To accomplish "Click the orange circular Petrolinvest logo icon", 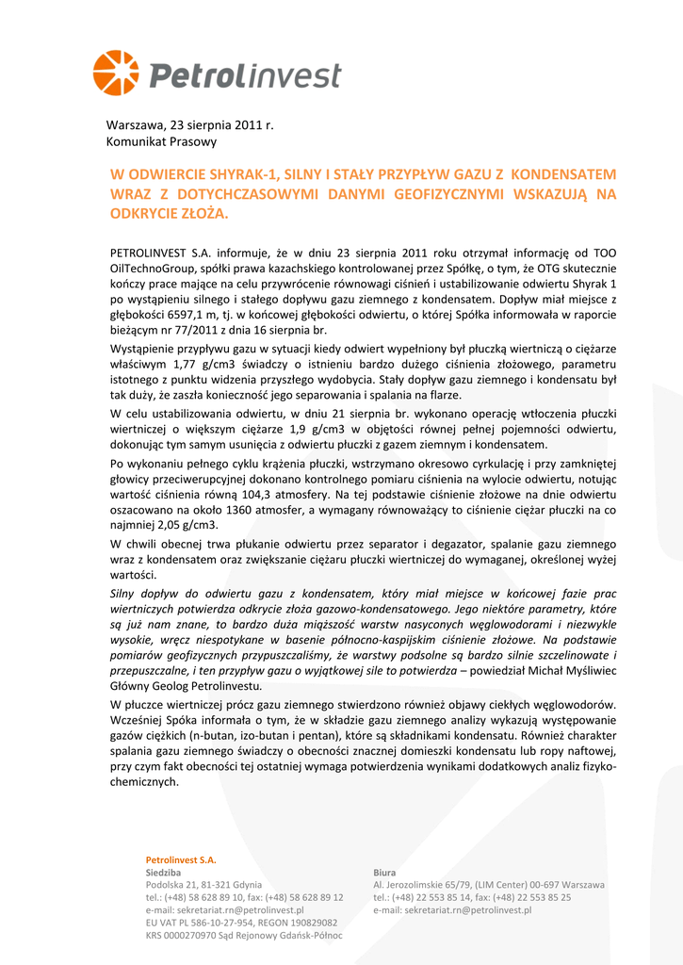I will tap(116, 74).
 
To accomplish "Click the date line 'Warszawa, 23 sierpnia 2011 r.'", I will tap(189, 124).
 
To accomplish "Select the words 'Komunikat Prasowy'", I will tap(161, 141).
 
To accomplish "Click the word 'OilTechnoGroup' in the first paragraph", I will tap(154, 268).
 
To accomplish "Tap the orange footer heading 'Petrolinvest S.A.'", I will tap(181, 859).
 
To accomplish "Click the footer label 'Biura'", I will tap(384, 873).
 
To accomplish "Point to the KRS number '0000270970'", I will tap(194, 936).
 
